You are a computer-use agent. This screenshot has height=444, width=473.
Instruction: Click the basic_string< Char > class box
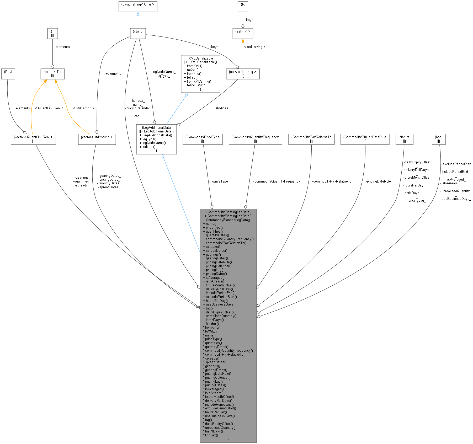138,6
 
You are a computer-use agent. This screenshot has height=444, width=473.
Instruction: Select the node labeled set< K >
243,33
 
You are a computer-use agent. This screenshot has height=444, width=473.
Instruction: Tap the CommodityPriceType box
203,139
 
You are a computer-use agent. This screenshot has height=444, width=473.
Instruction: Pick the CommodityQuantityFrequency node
255,139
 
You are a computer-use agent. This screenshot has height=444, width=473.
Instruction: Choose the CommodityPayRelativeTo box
311,139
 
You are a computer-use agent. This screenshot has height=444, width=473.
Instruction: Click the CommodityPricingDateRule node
365,139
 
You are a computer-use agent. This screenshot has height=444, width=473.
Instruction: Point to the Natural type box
404,139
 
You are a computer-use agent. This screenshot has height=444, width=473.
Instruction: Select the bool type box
438,139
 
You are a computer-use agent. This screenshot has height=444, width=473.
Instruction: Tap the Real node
8,74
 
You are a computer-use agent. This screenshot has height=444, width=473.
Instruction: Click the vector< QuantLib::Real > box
33,139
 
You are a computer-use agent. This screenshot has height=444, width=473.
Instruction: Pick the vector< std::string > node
97,139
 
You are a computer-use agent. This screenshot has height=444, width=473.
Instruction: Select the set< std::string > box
243,74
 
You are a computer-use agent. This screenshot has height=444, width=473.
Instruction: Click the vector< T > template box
52,74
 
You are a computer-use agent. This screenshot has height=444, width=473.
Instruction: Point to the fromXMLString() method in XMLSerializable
199,81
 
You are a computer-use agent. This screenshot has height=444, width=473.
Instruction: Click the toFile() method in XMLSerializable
192,77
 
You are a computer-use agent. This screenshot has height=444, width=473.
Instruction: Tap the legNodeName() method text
154,143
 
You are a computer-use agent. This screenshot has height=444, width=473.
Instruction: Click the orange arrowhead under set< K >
243,41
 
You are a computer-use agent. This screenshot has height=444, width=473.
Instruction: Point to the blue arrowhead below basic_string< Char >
138,14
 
